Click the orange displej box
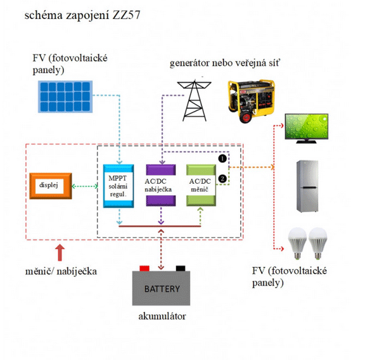(52, 185)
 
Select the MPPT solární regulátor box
(118, 185)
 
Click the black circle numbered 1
(222, 157)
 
